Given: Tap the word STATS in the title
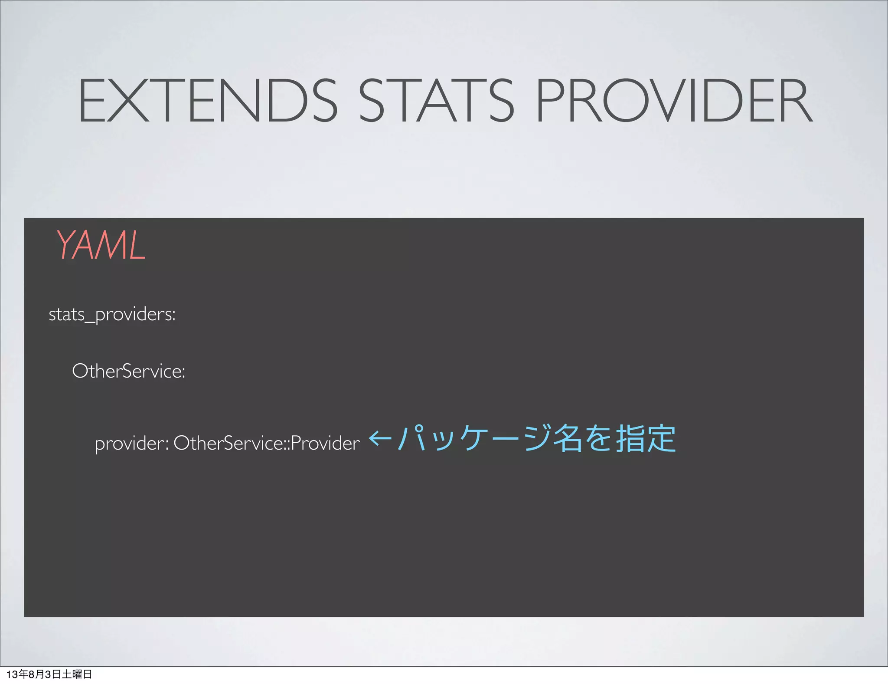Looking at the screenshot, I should [436, 101].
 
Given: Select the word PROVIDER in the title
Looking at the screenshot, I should [674, 101].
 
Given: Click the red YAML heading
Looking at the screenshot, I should [101, 246].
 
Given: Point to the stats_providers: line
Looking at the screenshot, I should [112, 314].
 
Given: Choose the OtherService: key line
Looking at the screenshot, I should [129, 371].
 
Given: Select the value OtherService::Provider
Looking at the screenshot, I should [267, 443].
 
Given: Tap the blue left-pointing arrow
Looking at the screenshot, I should [380, 438].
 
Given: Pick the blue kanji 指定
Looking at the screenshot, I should [646, 438].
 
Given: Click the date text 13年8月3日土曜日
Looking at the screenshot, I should [49, 674].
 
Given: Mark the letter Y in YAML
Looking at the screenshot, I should [67, 246].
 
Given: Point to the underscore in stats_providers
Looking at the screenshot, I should [90, 322].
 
